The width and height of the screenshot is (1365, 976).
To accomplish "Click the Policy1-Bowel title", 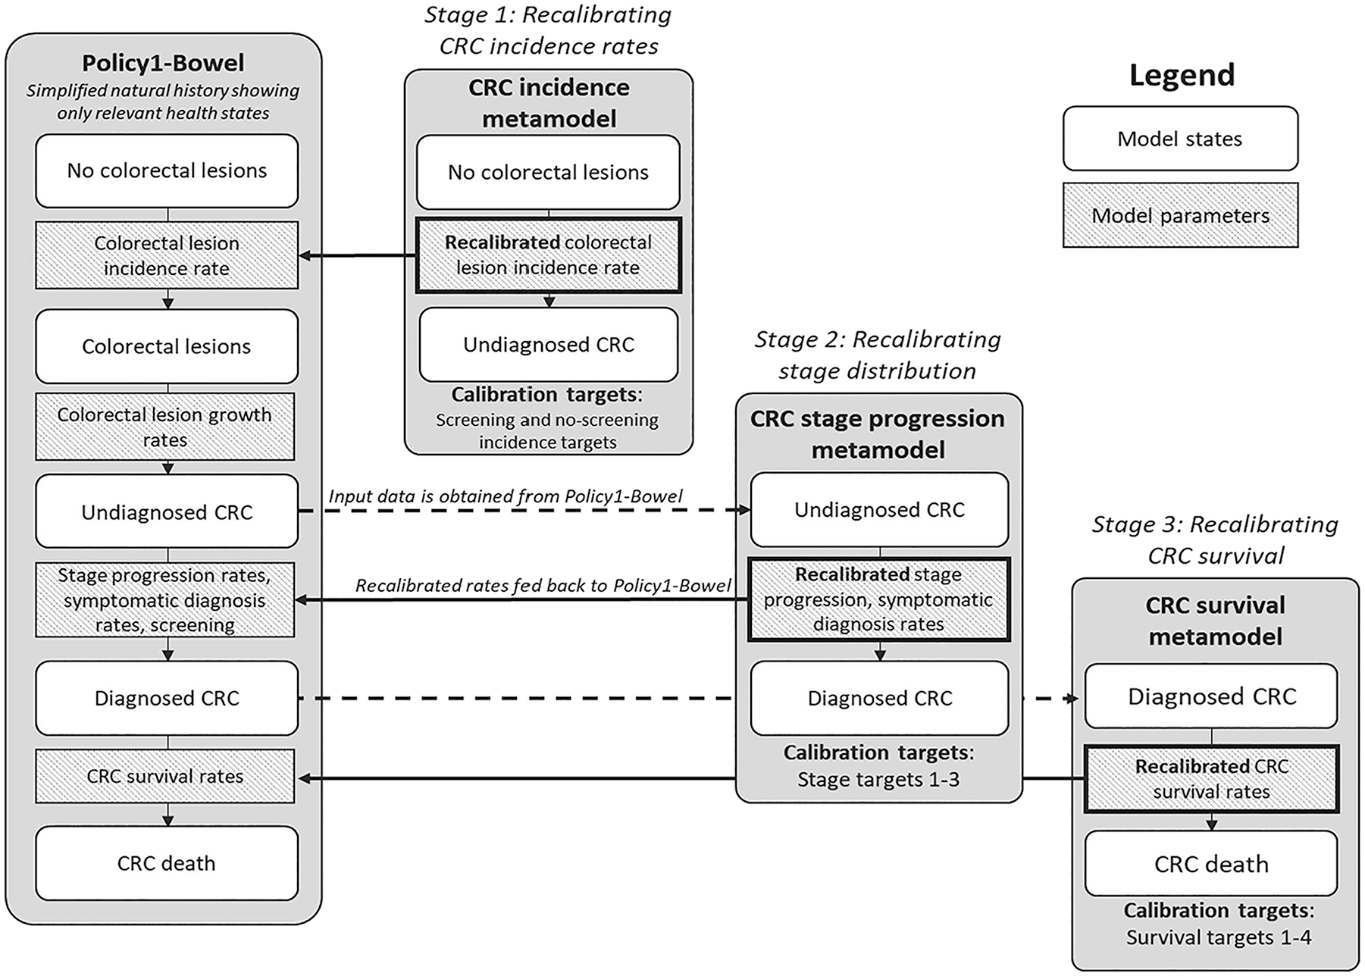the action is [164, 63].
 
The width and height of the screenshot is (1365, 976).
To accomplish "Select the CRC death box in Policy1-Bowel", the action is [167, 863].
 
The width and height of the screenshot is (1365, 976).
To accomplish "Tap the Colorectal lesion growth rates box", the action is [165, 427].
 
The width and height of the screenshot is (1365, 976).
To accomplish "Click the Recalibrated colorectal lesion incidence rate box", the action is [549, 255].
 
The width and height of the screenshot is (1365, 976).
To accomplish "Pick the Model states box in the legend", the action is [1180, 139].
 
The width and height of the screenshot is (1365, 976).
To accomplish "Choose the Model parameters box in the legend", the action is [1180, 215].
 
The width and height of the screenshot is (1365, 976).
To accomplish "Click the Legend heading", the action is [1182, 75].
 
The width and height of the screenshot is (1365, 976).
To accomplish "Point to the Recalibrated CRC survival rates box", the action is [1211, 779].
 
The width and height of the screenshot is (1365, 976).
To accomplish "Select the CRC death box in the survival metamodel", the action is [1211, 864].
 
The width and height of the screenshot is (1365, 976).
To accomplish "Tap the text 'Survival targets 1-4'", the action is [1218, 937].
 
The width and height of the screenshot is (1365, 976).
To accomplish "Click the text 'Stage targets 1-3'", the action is [878, 779].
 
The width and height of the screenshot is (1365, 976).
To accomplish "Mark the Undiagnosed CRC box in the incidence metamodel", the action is [549, 345].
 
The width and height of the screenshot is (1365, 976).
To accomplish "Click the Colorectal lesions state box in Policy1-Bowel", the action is [167, 346].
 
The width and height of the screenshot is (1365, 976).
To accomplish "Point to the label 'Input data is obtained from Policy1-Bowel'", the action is [506, 496].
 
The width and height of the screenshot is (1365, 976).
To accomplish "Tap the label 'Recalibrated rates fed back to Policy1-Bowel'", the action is [543, 586].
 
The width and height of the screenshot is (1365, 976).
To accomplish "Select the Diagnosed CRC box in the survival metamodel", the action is [1211, 696].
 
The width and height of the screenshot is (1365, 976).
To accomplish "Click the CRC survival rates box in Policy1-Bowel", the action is [165, 777].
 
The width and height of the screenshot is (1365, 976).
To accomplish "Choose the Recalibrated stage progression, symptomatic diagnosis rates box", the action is [879, 599].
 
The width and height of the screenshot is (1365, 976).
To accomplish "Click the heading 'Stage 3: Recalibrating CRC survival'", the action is [1215, 540].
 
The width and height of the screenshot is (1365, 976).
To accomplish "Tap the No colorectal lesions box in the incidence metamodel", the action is [548, 172].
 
